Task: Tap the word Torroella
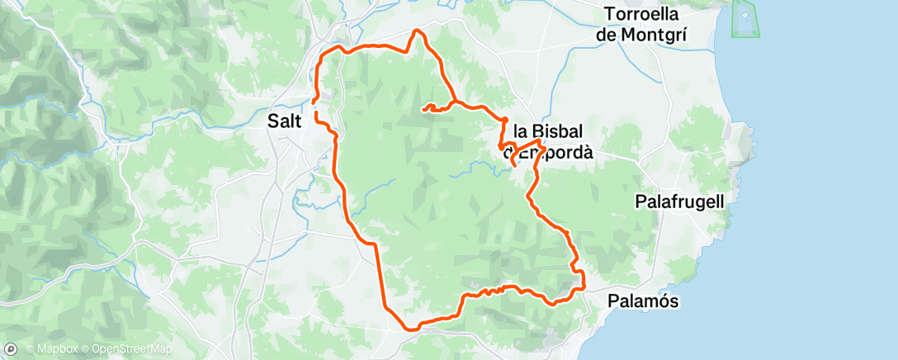[641, 14]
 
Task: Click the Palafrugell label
[679, 201]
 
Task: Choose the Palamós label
[643, 301]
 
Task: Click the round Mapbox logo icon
[12, 350]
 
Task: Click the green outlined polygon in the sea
[745, 18]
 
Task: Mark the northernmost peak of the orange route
[417, 31]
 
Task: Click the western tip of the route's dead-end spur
[423, 108]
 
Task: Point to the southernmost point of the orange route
[407, 328]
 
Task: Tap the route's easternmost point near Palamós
[584, 287]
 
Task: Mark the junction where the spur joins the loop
[454, 103]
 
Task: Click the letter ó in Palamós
[664, 301]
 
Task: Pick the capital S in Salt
[273, 120]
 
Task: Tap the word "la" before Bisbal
[521, 131]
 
